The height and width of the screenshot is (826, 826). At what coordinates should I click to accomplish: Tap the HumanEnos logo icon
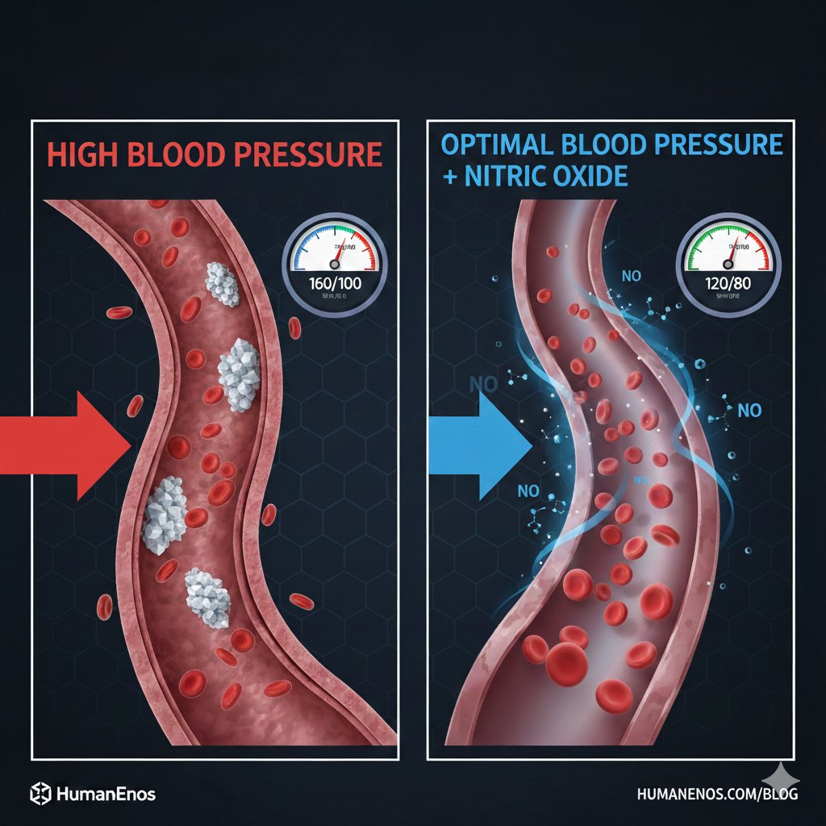tap(40, 794)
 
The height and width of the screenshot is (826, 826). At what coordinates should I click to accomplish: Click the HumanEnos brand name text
tap(106, 794)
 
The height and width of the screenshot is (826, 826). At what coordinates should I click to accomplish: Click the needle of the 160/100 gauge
tap(337, 253)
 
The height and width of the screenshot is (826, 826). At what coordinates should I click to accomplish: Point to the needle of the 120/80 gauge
tap(731, 252)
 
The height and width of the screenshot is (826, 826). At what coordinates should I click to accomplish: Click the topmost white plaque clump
tap(223, 285)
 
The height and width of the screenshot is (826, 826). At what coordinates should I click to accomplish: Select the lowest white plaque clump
tap(207, 598)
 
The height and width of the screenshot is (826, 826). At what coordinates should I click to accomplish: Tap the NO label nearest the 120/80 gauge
tap(632, 276)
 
